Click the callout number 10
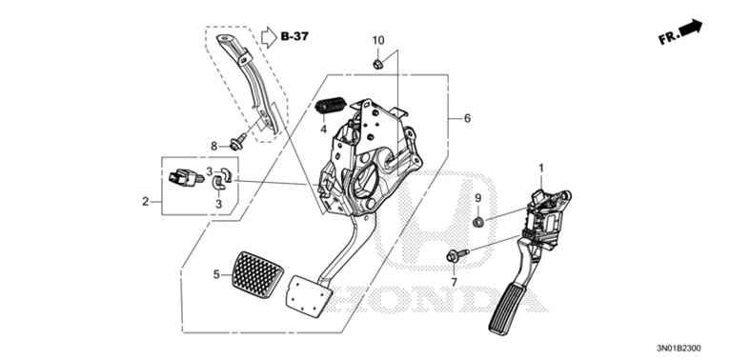click(x=378, y=40)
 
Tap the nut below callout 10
click(x=378, y=64)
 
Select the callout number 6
click(x=467, y=119)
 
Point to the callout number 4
click(x=323, y=130)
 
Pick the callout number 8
click(x=214, y=145)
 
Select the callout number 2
click(x=145, y=201)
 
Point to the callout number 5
click(x=216, y=275)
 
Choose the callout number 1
click(x=541, y=169)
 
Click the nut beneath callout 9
click(x=477, y=222)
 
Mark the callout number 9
click(x=477, y=197)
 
